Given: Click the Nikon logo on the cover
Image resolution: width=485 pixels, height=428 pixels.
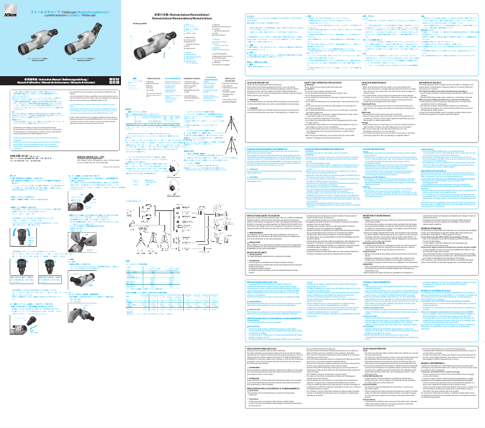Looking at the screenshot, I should [10, 5].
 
